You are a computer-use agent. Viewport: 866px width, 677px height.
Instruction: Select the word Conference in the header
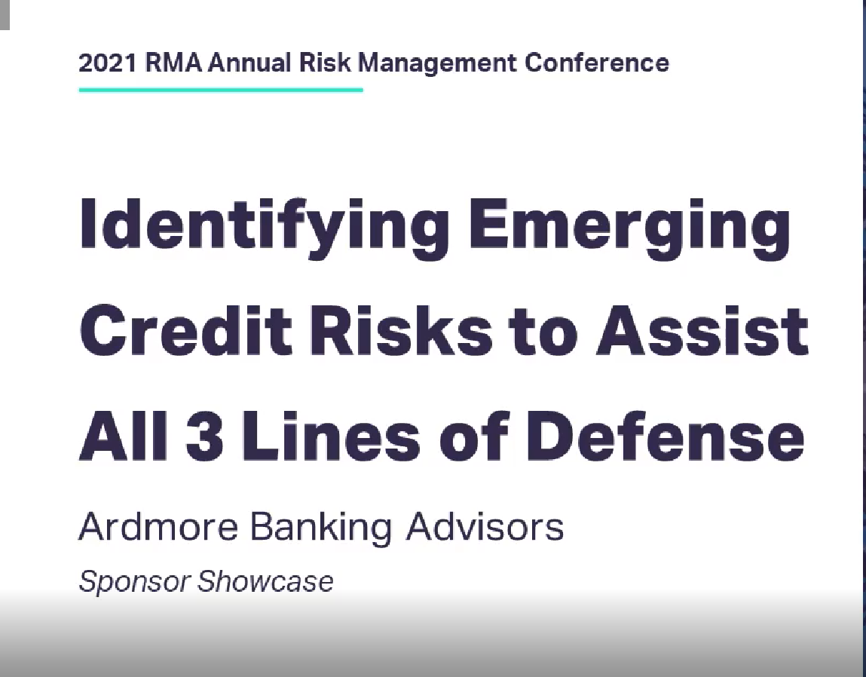point(597,63)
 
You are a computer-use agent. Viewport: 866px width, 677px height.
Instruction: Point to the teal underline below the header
point(220,90)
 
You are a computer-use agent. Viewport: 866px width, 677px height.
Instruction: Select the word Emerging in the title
point(629,224)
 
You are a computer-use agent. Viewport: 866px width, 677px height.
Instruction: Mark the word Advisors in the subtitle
point(485,526)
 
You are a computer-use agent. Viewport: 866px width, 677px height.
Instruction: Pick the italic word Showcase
point(265,581)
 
